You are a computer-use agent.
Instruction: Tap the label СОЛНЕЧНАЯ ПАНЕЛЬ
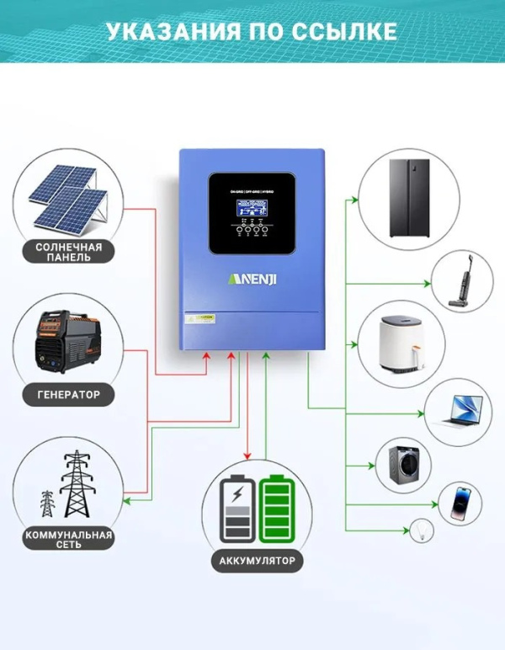click(x=69, y=252)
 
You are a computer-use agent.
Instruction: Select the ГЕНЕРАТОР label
click(x=69, y=393)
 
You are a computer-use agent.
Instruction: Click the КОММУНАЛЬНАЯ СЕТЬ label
click(x=69, y=540)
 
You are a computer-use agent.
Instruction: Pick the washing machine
click(x=397, y=465)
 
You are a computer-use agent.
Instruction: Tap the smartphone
click(x=459, y=503)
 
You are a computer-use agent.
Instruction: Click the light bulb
click(x=420, y=530)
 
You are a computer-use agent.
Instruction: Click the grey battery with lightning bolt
click(x=237, y=509)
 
